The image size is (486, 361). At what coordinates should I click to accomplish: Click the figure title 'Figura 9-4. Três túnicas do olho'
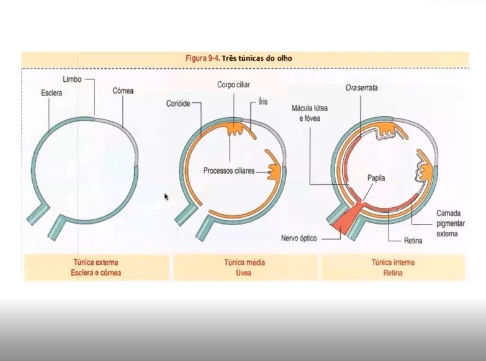(239, 58)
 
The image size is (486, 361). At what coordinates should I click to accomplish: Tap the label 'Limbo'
(72, 80)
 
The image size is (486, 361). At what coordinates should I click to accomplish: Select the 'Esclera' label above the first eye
(52, 93)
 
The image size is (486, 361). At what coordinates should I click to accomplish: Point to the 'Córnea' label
(123, 91)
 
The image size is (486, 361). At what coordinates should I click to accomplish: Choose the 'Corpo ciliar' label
(233, 84)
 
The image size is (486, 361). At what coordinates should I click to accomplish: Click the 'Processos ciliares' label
(229, 171)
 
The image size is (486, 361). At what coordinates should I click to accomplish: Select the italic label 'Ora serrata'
(362, 88)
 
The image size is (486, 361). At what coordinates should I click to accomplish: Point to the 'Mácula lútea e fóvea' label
(306, 112)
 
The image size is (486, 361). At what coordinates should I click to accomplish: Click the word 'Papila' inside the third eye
(376, 177)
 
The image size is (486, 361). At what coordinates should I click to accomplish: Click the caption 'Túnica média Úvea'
(244, 267)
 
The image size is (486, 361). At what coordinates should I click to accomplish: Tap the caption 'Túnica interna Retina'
(392, 267)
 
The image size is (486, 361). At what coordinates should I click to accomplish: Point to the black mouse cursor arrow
(166, 197)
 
